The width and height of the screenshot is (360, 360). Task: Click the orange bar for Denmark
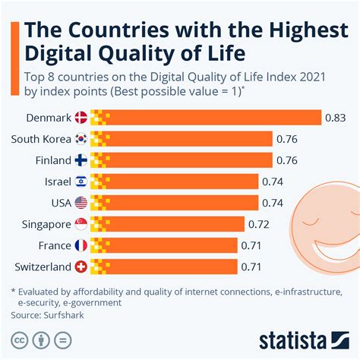click(x=205, y=118)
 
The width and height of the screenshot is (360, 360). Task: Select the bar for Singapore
click(x=167, y=223)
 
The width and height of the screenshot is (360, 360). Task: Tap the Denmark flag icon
click(x=81, y=118)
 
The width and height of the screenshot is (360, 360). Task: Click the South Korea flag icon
click(x=81, y=139)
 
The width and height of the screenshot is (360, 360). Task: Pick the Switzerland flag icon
click(x=81, y=266)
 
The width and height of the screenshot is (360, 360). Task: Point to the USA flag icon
click(x=81, y=202)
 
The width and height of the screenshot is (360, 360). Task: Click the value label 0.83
click(x=336, y=118)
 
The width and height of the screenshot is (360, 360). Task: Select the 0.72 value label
click(x=258, y=223)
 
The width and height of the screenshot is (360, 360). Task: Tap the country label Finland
click(x=53, y=160)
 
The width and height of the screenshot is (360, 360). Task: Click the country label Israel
click(x=58, y=182)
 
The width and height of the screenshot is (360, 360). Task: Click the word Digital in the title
click(x=62, y=55)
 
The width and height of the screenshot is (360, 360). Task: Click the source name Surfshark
click(x=64, y=312)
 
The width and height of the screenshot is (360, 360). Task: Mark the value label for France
click(x=251, y=245)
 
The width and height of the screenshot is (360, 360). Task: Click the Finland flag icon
click(x=81, y=160)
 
